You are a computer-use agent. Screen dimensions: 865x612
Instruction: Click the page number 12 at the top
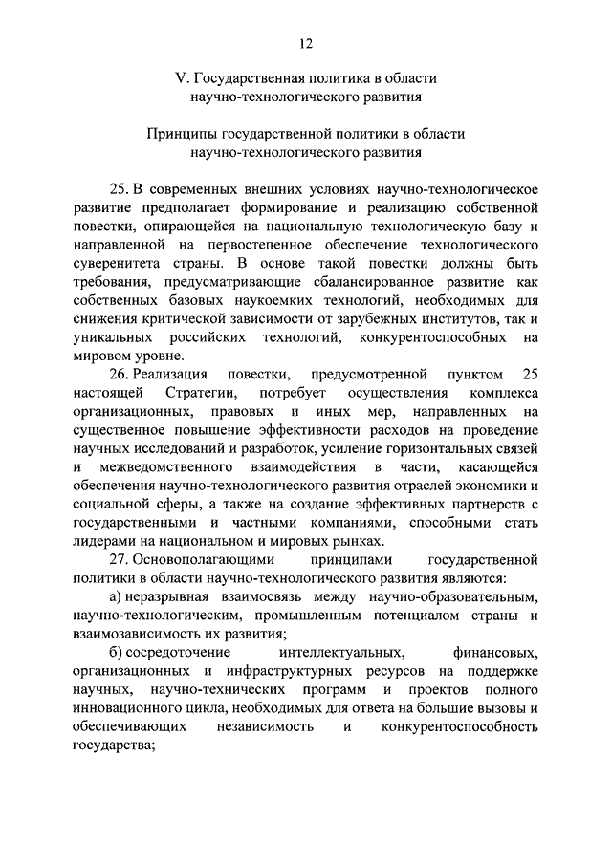306,42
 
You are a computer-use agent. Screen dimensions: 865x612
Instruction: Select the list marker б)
115,654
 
